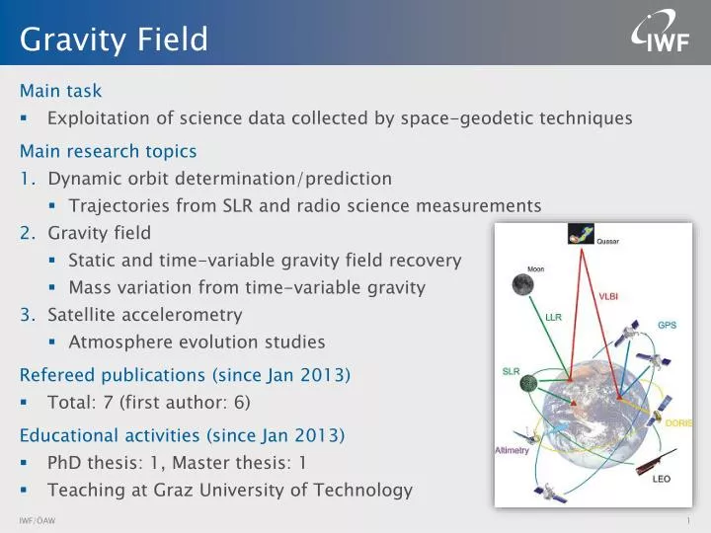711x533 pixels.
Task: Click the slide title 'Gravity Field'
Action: click(115, 39)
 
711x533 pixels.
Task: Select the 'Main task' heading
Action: click(60, 91)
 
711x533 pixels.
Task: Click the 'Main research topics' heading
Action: click(108, 151)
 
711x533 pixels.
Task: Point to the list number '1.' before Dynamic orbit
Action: click(29, 179)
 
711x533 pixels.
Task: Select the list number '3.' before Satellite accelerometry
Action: click(29, 315)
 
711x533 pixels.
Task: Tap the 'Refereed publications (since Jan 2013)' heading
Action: click(185, 375)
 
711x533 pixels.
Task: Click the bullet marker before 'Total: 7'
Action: click(24, 403)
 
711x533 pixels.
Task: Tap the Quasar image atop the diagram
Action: click(581, 234)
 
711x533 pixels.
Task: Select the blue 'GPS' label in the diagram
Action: click(668, 326)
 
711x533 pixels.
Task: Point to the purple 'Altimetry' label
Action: click(513, 450)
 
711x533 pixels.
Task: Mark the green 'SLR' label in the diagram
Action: click(511, 372)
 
